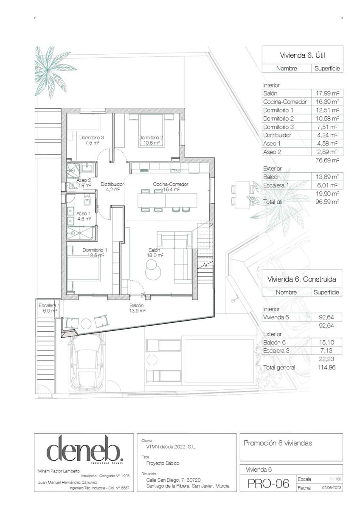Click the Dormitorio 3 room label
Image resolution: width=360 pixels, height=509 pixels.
click(92, 140)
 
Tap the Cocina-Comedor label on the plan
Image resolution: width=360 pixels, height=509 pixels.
click(171, 187)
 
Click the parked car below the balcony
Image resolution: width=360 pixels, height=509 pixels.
click(87, 361)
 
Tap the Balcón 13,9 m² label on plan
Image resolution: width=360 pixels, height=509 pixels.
click(137, 308)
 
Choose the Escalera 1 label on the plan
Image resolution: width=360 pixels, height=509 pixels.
click(48, 308)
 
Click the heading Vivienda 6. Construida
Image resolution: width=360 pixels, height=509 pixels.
click(302, 279)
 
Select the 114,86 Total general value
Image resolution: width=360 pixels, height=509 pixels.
click(326, 367)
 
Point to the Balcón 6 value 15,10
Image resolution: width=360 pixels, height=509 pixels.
click(328, 342)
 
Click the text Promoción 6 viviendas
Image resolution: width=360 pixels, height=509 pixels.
click(278, 443)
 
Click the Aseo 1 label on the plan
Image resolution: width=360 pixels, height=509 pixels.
click(84, 216)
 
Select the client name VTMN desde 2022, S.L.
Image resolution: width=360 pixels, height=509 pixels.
click(169, 447)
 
